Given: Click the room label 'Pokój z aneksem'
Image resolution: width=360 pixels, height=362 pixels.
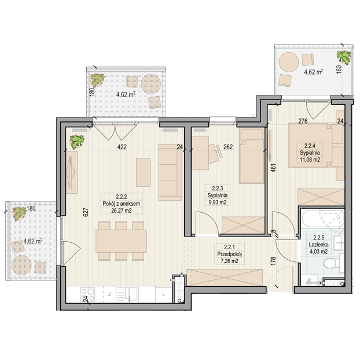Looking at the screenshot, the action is pos(122,204).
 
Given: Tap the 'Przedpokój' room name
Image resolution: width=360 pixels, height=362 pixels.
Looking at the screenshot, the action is pos(229,254).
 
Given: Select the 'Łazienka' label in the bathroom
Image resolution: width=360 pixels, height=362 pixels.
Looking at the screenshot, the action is pos(318,245).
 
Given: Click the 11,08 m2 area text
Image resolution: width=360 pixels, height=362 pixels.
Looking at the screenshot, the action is pos(310,160).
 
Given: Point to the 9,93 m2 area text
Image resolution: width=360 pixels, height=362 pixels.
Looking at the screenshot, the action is pos(217,202).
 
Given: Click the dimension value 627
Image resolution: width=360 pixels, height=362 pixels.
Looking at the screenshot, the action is pos(86,212).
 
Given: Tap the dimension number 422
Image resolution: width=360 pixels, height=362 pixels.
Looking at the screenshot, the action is pos(122,147).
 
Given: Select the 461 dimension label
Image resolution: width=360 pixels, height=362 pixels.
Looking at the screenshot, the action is pos(273,168).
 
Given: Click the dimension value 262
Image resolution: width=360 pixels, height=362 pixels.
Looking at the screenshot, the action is pos(228,147).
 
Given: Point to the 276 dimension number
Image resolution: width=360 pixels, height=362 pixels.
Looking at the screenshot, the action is pos(303,121).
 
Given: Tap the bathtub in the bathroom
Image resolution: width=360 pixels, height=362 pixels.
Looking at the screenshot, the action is pos(322,219).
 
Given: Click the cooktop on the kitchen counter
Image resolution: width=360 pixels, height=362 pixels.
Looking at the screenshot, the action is pos(87,294).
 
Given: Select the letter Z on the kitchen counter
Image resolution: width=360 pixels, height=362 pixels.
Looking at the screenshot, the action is pos(109,294).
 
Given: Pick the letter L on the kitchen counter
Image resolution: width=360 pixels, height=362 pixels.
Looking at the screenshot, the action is pos(164,294).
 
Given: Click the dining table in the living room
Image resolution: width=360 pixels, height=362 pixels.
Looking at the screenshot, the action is pos(122,241).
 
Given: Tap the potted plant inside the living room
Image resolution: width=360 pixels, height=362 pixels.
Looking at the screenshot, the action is pos(77,142).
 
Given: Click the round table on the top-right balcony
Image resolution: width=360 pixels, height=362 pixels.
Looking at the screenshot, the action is pos(289,62).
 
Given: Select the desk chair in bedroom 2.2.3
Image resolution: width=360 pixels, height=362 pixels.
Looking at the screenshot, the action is pos(215,154).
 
